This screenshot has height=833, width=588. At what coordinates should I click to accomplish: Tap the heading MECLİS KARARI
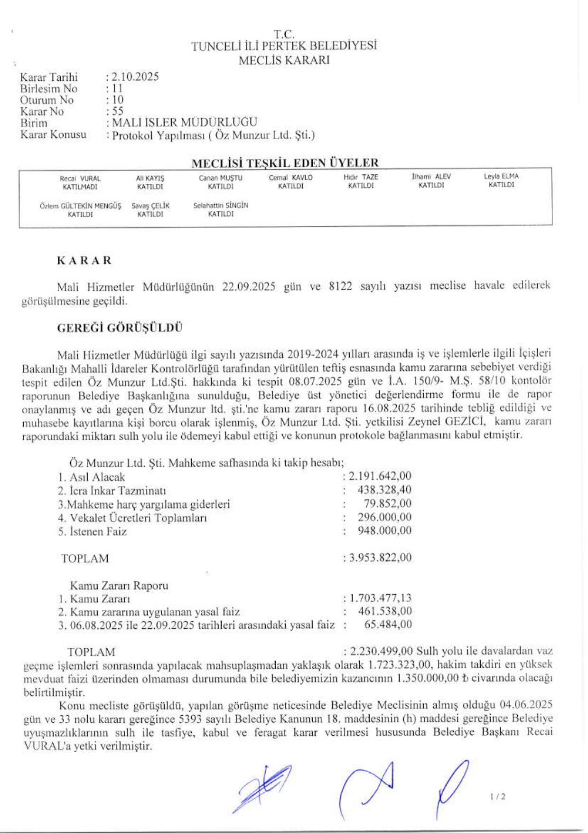pyautogui.click(x=284, y=60)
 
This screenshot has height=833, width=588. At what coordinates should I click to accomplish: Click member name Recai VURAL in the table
pyautogui.click(x=80, y=179)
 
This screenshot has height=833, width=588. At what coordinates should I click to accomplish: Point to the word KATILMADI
pyautogui.click(x=80, y=187)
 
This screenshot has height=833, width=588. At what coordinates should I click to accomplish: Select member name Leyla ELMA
pyautogui.click(x=501, y=176)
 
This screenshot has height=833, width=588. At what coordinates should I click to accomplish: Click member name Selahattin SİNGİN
pyautogui.click(x=221, y=206)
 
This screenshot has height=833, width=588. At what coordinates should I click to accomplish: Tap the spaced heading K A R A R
pyautogui.click(x=84, y=261)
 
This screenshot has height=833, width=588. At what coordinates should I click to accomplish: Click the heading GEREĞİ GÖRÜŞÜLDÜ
pyautogui.click(x=120, y=328)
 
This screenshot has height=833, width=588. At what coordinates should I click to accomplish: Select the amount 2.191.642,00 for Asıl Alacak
pyautogui.click(x=380, y=476)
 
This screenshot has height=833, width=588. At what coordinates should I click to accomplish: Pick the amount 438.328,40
pyautogui.click(x=384, y=490)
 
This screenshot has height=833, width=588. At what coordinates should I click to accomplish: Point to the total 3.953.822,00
pyautogui.click(x=380, y=558)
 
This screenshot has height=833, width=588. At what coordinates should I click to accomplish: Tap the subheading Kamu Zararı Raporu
pyautogui.click(x=119, y=586)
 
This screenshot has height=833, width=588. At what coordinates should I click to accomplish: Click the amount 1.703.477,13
pyautogui.click(x=380, y=598)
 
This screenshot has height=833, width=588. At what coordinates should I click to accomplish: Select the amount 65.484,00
pyautogui.click(x=388, y=625)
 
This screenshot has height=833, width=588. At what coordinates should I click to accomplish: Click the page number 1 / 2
pyautogui.click(x=497, y=796)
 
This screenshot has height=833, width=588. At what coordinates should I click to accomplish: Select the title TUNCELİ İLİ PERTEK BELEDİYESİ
pyautogui.click(x=284, y=47)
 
